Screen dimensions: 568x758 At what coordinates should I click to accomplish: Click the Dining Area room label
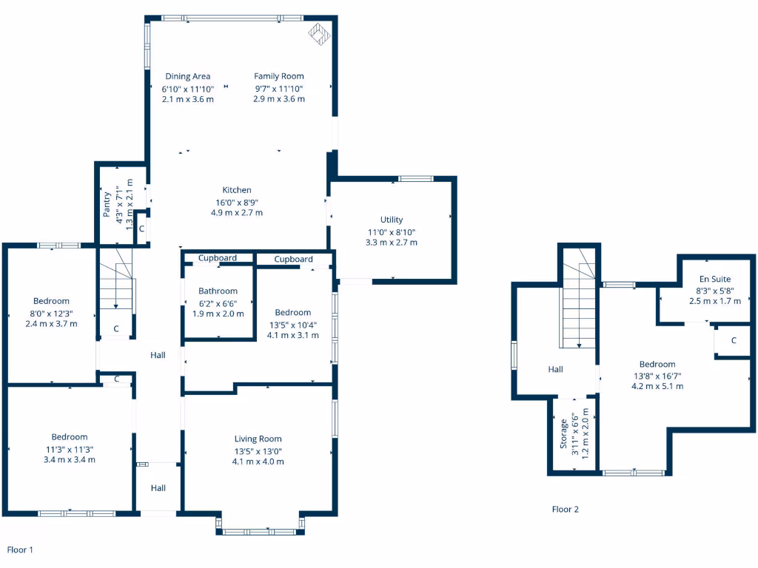pos(187,76)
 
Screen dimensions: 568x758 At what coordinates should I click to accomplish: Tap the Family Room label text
pos(278,76)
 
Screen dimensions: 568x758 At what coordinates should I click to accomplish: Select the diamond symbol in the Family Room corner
pos(319,34)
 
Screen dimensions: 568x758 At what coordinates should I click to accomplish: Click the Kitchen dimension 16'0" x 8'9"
pos(237,202)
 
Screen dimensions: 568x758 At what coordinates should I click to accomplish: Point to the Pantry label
pos(107,204)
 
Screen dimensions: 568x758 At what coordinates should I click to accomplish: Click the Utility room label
pos(392,220)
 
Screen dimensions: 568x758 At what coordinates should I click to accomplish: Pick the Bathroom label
pos(218,291)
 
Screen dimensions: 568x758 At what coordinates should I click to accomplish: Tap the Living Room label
pos(258,439)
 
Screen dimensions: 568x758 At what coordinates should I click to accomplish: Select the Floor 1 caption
pos(20,550)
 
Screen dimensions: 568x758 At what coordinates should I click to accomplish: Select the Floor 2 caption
pos(566,510)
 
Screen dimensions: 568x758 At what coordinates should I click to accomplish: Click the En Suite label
pos(715,279)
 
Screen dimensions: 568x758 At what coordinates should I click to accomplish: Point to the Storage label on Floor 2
pos(564,434)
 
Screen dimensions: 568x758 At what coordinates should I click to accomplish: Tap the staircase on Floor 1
pos(116,288)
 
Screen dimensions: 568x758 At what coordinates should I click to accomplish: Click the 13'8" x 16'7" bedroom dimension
pos(657,376)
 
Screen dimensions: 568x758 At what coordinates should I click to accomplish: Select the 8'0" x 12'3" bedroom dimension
pos(51,313)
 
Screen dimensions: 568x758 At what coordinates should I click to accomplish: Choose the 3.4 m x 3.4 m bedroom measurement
pos(70,460)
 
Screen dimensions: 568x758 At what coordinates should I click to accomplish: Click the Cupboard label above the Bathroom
pos(218,258)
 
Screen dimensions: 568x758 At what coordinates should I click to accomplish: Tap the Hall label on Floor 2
pos(555,369)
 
